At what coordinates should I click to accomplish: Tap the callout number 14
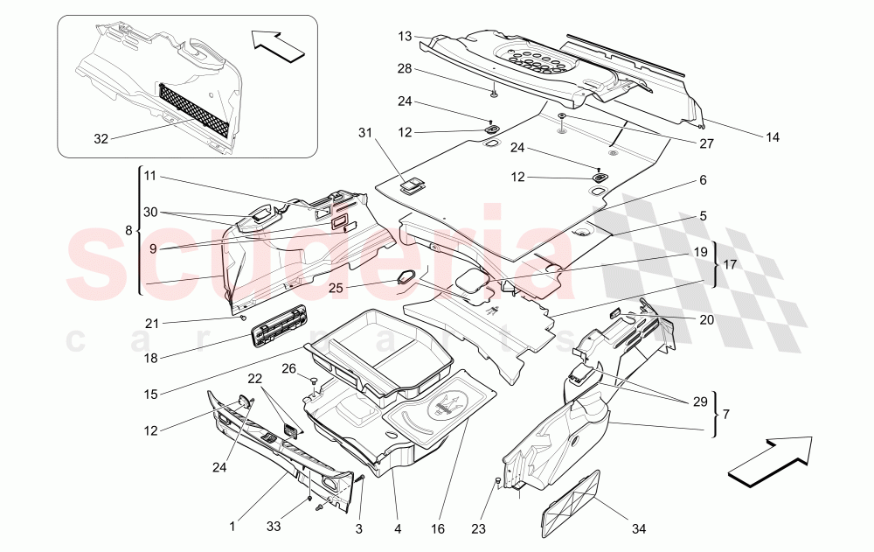pyautogui.click(x=772, y=136)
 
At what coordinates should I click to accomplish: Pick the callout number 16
pyautogui.click(x=438, y=528)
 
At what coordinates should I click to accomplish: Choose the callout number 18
pyautogui.click(x=150, y=357)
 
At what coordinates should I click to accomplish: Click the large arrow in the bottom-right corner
pyautogui.click(x=767, y=460)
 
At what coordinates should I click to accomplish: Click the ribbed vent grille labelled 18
pyautogui.click(x=279, y=326)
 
